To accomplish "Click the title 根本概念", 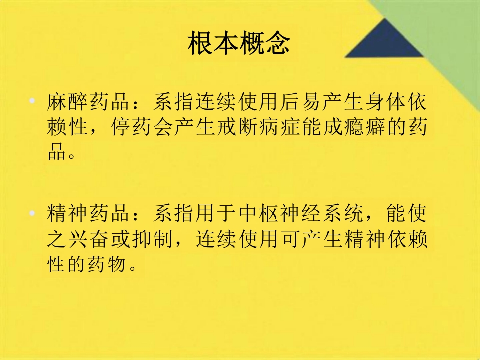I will tap(239, 45).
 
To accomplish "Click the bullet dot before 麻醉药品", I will tap(32, 101).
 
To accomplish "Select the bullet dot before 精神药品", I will tap(32, 213).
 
